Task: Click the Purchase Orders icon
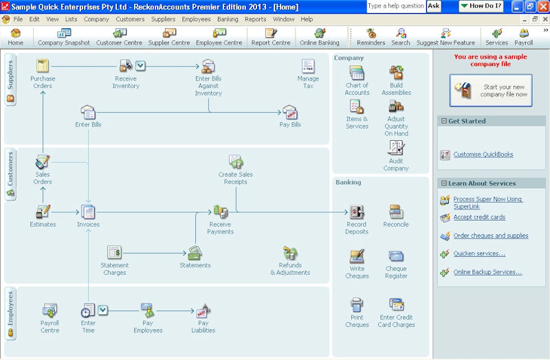pos(43,67)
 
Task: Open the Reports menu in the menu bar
pos(255,19)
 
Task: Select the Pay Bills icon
pos(289,113)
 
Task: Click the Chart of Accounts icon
pos(357,73)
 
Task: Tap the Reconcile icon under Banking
pos(396,212)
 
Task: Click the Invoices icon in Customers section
pos(88,212)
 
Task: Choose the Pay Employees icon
pos(148,311)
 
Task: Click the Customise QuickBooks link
pos(483,155)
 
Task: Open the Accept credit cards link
pos(479,217)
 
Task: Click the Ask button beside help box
pos(434,6)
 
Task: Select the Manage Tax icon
pos(308,67)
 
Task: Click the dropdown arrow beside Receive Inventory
pos(140,66)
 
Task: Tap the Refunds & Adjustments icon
pos(290,253)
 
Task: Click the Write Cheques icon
pos(357,257)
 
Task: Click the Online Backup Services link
pos(487,272)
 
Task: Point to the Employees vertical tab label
pos(10,312)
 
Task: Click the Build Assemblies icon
pos(396,73)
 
